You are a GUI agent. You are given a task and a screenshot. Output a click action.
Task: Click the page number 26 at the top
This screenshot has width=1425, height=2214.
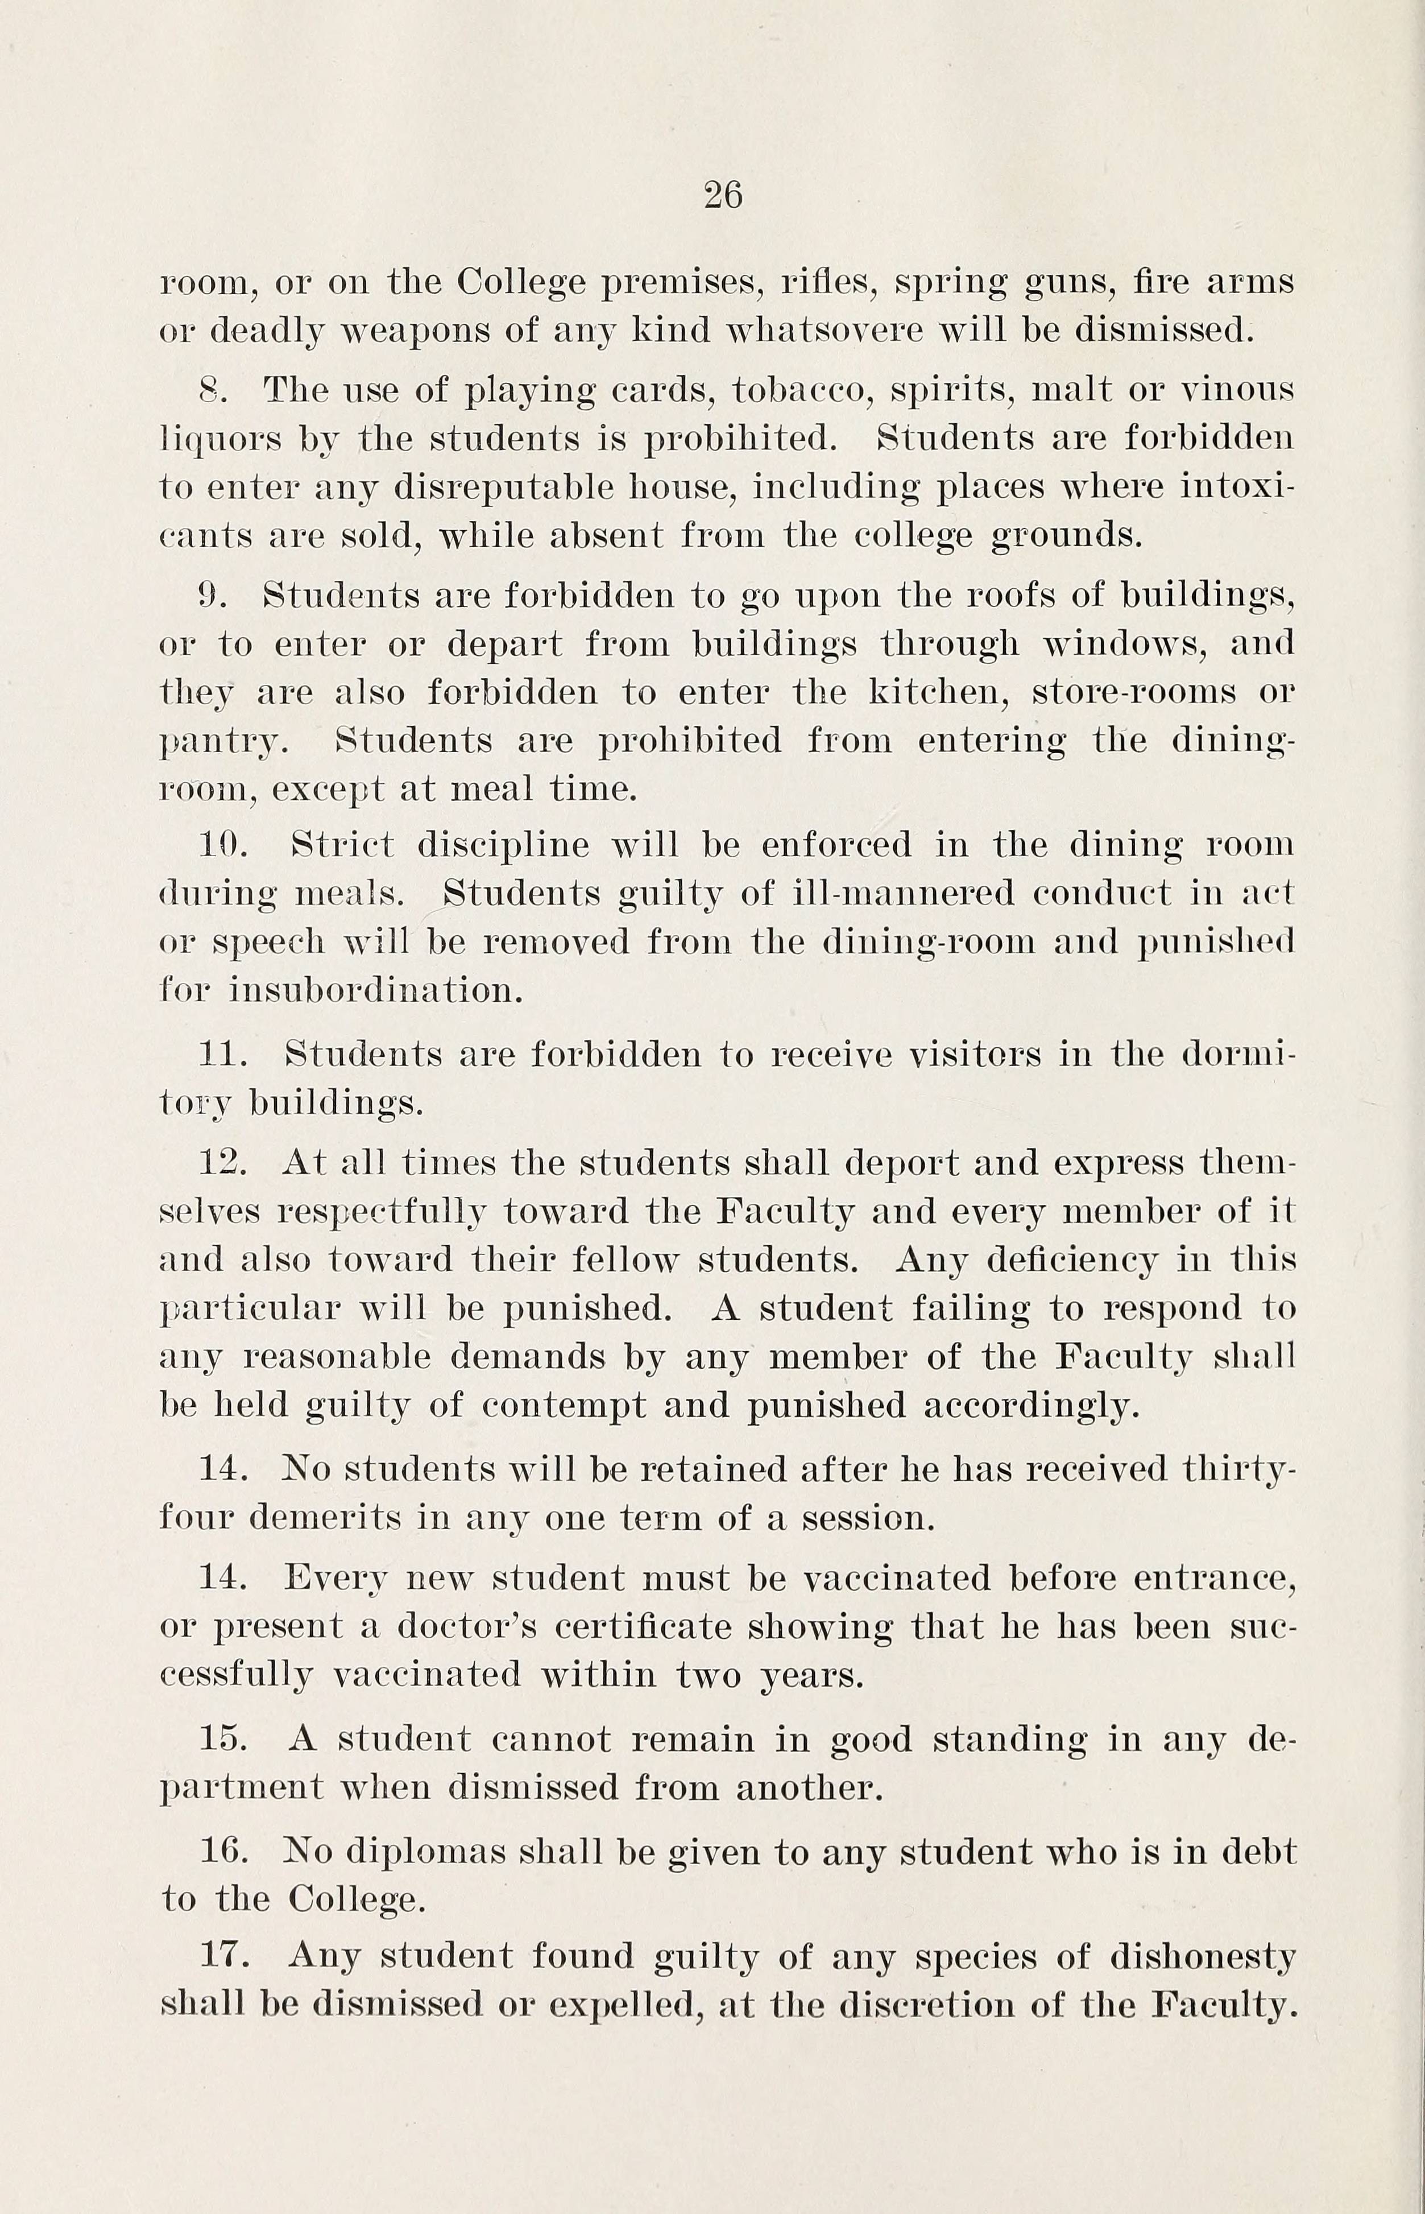(x=723, y=195)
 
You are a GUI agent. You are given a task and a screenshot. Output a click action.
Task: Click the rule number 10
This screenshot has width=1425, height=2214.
(x=219, y=845)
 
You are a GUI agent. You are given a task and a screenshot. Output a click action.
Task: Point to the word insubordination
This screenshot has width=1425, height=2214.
(x=376, y=992)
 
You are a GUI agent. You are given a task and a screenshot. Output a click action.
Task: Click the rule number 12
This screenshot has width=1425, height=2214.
(x=223, y=1163)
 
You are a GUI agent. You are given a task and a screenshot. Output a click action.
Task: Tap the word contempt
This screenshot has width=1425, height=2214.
(x=564, y=1406)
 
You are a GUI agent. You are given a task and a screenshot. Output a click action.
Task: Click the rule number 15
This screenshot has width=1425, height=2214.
(x=223, y=1739)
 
